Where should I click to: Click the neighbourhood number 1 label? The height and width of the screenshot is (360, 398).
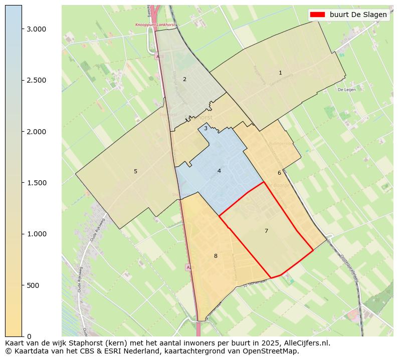[280, 73]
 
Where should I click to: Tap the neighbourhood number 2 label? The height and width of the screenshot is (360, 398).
[184, 79]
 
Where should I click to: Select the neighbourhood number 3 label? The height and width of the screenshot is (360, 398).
[206, 128]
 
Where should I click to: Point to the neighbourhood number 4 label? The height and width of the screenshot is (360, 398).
[219, 171]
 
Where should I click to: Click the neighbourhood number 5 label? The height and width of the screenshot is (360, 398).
[135, 171]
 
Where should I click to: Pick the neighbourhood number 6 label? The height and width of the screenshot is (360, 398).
[279, 173]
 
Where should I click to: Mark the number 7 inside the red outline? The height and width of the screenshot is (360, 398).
[266, 231]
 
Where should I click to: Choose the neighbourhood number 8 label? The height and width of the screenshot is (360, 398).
[216, 256]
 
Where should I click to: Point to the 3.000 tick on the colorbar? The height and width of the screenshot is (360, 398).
[36, 29]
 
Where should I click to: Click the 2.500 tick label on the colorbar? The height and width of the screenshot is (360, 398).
[36, 80]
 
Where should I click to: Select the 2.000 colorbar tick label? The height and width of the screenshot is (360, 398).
[36, 132]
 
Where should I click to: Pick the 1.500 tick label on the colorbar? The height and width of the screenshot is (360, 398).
[36, 183]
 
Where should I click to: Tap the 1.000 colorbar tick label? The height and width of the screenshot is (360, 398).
[36, 234]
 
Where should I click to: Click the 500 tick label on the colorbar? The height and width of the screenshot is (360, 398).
[33, 285]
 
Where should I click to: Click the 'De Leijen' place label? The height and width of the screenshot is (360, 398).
[346, 90]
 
